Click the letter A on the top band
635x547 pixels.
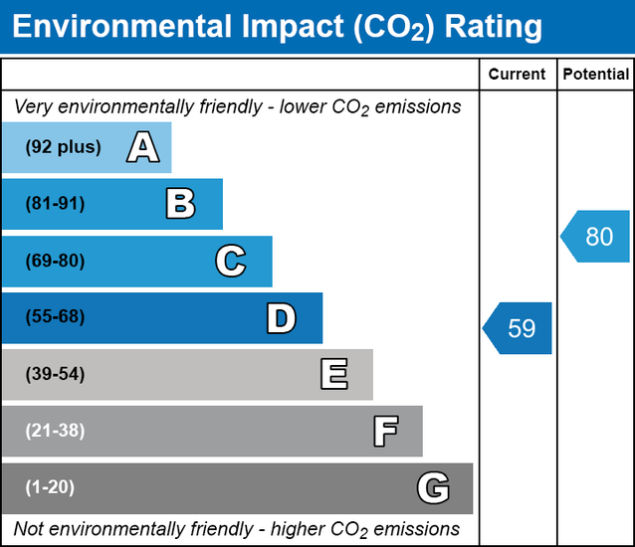coord(142,148)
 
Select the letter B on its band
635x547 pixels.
coord(180,205)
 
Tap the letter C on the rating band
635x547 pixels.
coord(230,262)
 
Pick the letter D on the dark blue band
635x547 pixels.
coord(281,318)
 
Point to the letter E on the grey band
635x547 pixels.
coord(333,375)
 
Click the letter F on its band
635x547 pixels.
coord(385,432)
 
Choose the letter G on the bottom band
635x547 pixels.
coord(433,488)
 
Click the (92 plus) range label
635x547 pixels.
coord(64,147)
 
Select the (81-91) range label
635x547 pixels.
coord(56,204)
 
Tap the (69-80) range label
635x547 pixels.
coord(56,262)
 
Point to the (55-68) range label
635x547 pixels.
coord(56,318)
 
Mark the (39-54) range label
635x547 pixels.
coord(56,375)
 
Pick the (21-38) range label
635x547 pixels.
coord(56,432)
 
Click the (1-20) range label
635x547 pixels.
coord(51,487)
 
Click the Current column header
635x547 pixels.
coord(518,75)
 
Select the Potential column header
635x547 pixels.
coord(595,75)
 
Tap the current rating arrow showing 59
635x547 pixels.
coord(520,328)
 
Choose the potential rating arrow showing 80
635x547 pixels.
coord(596,237)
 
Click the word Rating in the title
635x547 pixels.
coord(494,27)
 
